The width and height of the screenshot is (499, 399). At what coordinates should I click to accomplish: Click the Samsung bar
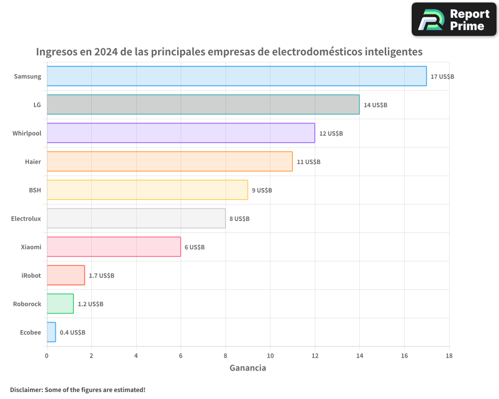click(237, 76)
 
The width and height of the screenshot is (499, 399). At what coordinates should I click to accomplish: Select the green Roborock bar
click(60, 304)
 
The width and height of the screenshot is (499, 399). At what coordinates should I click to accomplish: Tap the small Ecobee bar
click(51, 332)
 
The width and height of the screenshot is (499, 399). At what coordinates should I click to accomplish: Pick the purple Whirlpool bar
click(181, 133)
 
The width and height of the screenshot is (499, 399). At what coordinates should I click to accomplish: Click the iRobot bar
click(66, 275)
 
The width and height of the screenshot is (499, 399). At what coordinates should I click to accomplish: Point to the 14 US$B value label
click(375, 105)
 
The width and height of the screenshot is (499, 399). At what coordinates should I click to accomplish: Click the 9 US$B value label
click(262, 191)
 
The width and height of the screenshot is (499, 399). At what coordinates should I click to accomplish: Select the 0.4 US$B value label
click(73, 333)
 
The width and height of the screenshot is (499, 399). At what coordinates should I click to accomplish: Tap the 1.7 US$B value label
click(101, 276)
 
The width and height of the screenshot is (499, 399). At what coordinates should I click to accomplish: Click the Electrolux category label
click(26, 218)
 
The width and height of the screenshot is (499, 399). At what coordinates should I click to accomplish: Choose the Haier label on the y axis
click(33, 162)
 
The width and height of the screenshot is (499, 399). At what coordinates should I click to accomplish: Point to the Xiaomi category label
click(31, 247)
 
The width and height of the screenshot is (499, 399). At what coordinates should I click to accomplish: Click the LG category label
click(37, 105)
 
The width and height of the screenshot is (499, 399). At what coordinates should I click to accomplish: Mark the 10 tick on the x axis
click(270, 356)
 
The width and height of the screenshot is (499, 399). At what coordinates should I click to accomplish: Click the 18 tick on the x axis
click(449, 356)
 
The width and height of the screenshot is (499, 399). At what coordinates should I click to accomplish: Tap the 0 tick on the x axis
click(47, 356)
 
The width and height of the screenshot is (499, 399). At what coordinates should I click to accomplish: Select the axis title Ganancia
click(248, 368)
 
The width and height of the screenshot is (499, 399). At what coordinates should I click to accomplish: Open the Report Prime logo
click(454, 19)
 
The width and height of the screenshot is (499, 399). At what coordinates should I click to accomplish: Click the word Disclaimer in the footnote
click(25, 390)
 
